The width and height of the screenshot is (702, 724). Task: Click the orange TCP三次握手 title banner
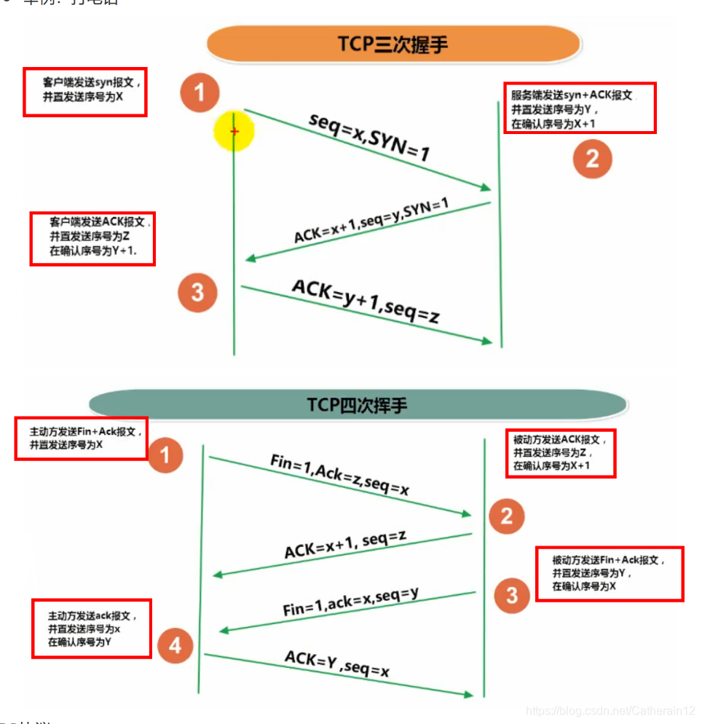(393, 44)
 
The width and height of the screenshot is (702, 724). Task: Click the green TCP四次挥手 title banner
(357, 405)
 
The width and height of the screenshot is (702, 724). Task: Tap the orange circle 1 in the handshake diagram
(200, 93)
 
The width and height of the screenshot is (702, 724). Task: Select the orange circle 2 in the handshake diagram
(592, 159)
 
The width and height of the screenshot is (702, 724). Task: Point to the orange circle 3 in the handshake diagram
(197, 293)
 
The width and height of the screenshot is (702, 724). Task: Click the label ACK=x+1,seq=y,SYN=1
(371, 222)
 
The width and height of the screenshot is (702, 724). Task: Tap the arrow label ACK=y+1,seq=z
(365, 302)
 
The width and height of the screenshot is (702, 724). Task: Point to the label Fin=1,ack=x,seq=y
(351, 602)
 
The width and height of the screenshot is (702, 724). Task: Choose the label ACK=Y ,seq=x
(336, 662)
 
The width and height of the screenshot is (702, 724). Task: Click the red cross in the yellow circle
(234, 131)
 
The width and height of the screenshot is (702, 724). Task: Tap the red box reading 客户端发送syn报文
(85, 92)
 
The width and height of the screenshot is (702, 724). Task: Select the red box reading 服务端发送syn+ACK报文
(580, 108)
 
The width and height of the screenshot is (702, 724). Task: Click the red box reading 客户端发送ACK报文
(92, 238)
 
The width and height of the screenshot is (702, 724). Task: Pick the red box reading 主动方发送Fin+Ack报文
(82, 438)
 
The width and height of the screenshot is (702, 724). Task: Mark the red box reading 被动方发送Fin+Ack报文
(610, 573)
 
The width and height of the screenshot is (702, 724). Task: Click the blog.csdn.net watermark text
(611, 709)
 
